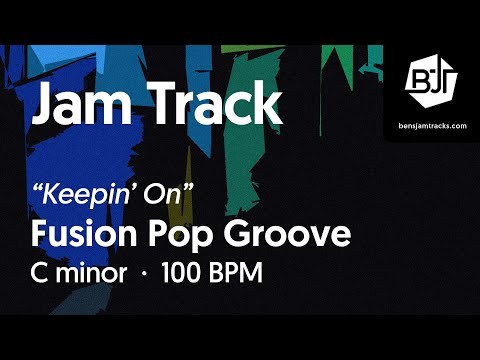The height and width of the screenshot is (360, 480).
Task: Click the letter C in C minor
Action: coord(41,272)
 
